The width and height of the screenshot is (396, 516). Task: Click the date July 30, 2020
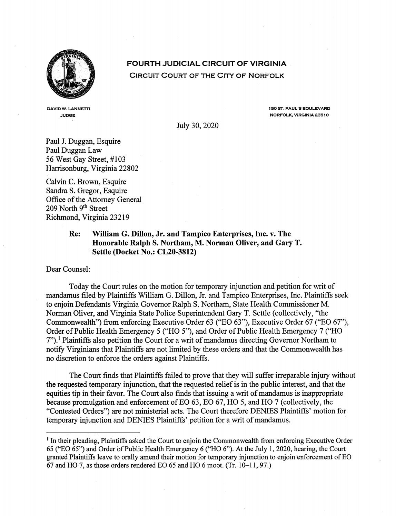(x=197, y=126)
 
